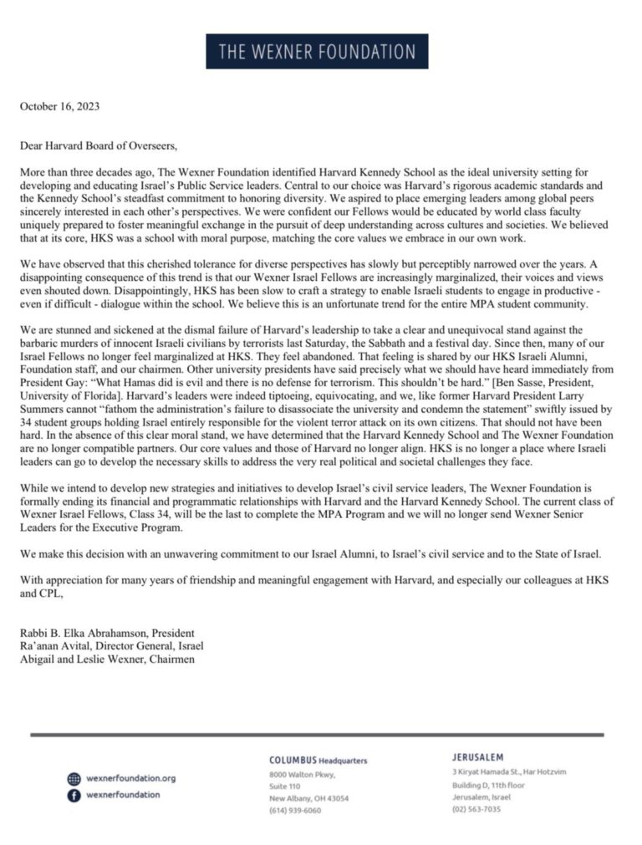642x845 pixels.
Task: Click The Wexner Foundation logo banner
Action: pyautogui.click(x=317, y=51)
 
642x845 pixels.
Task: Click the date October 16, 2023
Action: pyautogui.click(x=60, y=107)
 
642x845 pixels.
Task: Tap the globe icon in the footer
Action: pyautogui.click(x=74, y=779)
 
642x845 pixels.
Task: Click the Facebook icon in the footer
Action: pyautogui.click(x=74, y=796)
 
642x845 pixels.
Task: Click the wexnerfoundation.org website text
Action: pyautogui.click(x=131, y=779)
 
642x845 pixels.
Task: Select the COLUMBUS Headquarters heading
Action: pyautogui.click(x=318, y=761)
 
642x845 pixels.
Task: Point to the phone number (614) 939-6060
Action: pyautogui.click(x=294, y=810)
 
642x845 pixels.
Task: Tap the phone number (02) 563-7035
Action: pyautogui.click(x=476, y=809)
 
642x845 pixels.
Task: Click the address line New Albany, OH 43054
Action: pyautogui.click(x=308, y=798)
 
